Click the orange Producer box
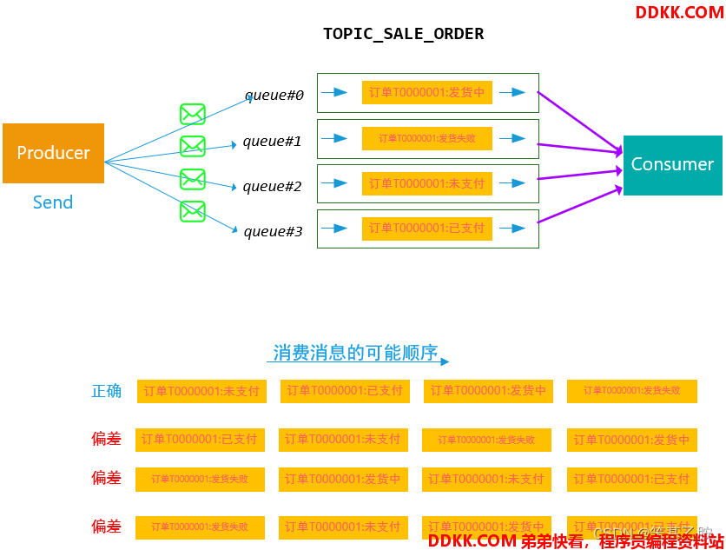53,153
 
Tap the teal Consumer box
672,164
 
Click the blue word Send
53,202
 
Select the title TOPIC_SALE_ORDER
403,34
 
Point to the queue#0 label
274,95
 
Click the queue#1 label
272,141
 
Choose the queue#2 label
272,186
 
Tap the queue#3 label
273,231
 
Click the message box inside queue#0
426,92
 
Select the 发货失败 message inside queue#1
426,138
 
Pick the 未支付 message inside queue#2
426,183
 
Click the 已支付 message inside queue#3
426,229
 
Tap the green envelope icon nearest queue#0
192,114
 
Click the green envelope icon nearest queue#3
192,211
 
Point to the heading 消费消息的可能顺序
355,353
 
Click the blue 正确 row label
107,391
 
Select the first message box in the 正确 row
201,391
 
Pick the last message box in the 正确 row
631,391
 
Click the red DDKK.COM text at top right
679,12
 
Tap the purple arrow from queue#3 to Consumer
579,204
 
